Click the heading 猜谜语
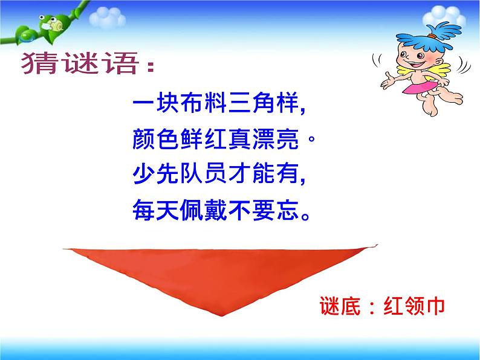point(85,64)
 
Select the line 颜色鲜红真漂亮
point(224,141)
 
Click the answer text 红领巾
point(415,306)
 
